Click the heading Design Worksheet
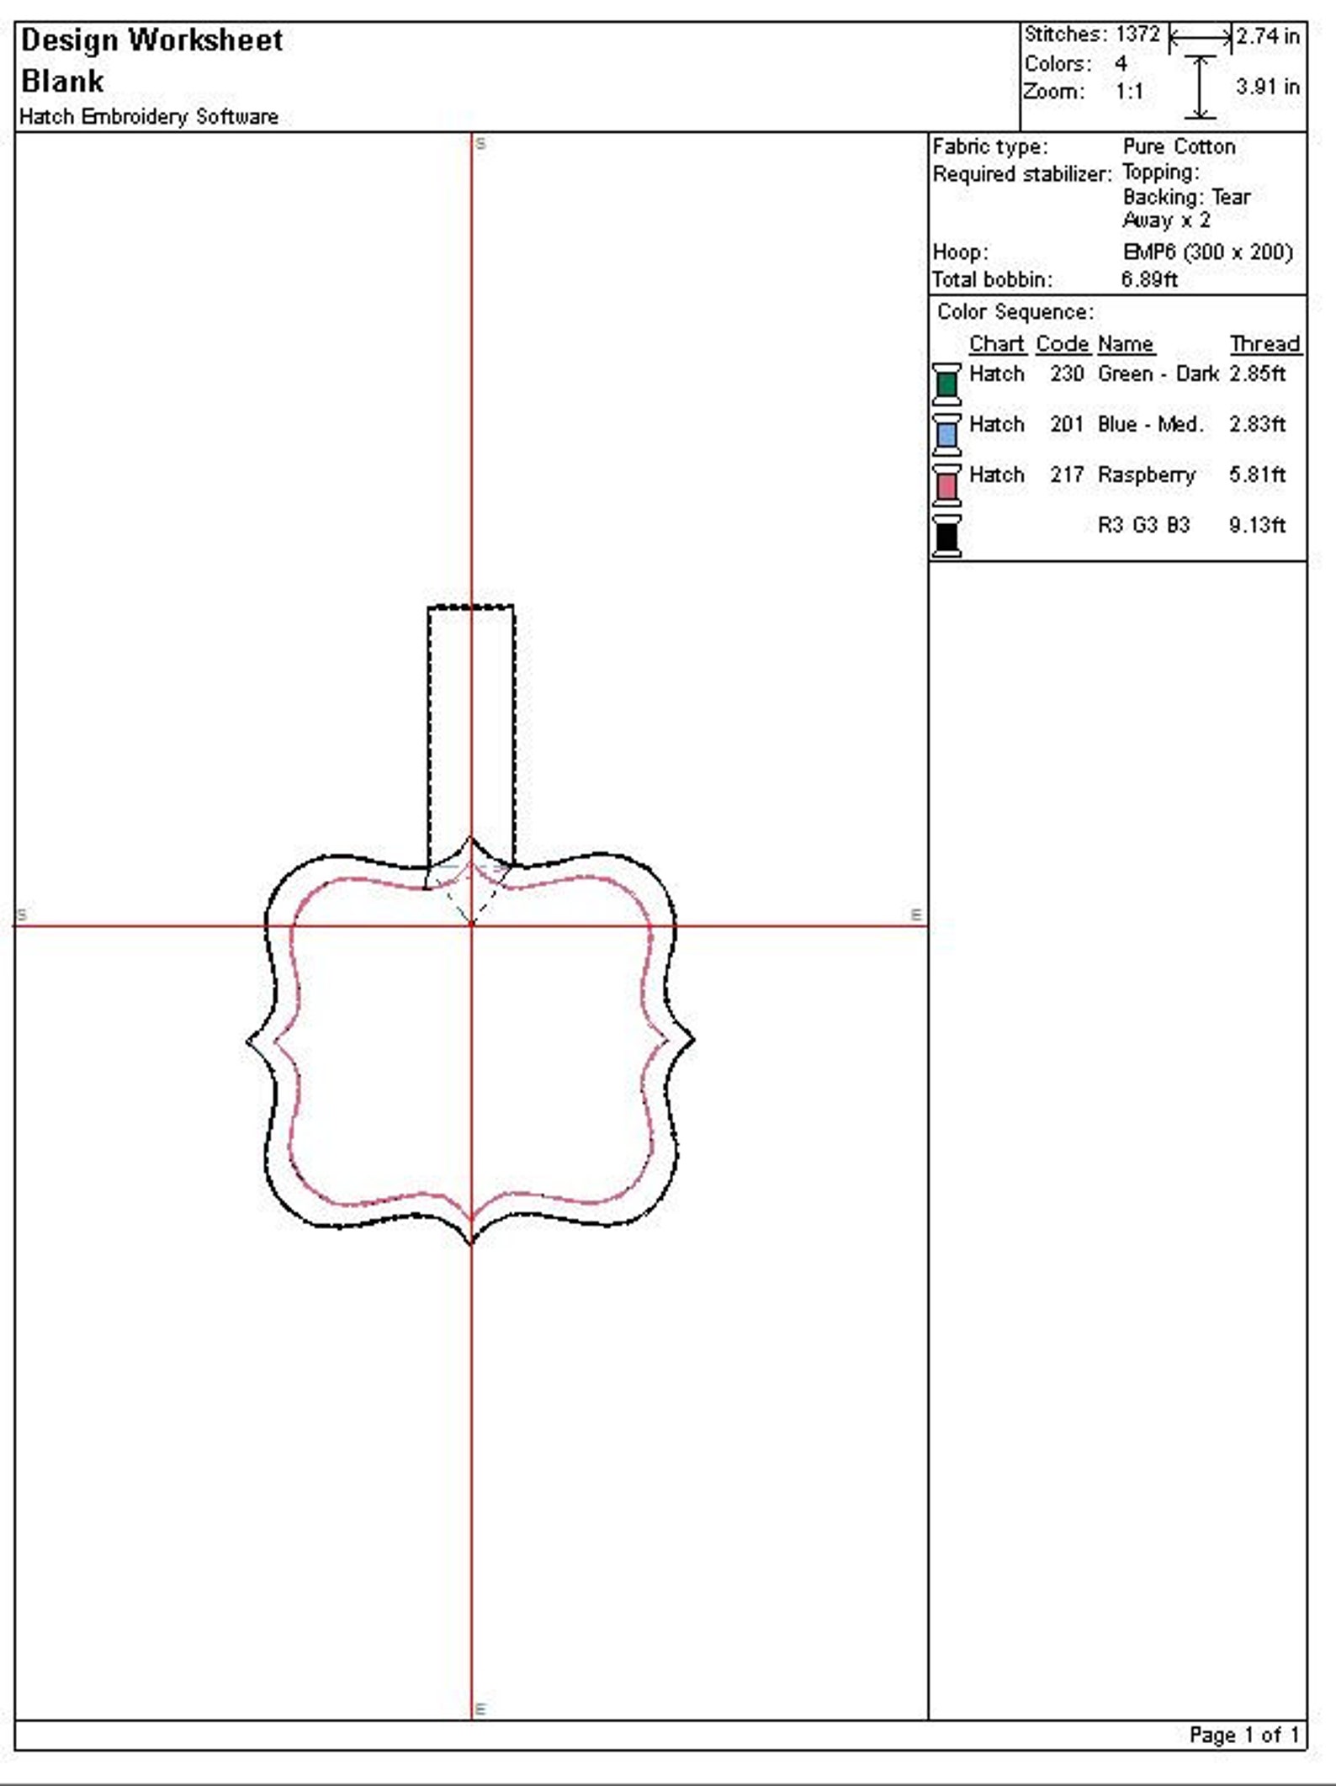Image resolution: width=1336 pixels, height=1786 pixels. (x=151, y=41)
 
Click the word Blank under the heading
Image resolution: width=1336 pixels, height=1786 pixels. (x=62, y=82)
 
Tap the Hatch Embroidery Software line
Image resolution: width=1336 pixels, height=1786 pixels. (x=149, y=116)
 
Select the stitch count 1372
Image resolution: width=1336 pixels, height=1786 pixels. (x=1137, y=34)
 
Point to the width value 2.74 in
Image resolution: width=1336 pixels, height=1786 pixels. (x=1268, y=36)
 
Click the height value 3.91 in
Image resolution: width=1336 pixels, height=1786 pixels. (x=1268, y=87)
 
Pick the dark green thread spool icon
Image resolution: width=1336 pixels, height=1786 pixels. (x=946, y=384)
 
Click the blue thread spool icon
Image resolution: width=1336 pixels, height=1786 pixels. (x=946, y=434)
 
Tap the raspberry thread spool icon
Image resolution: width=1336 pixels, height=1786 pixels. (x=946, y=485)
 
